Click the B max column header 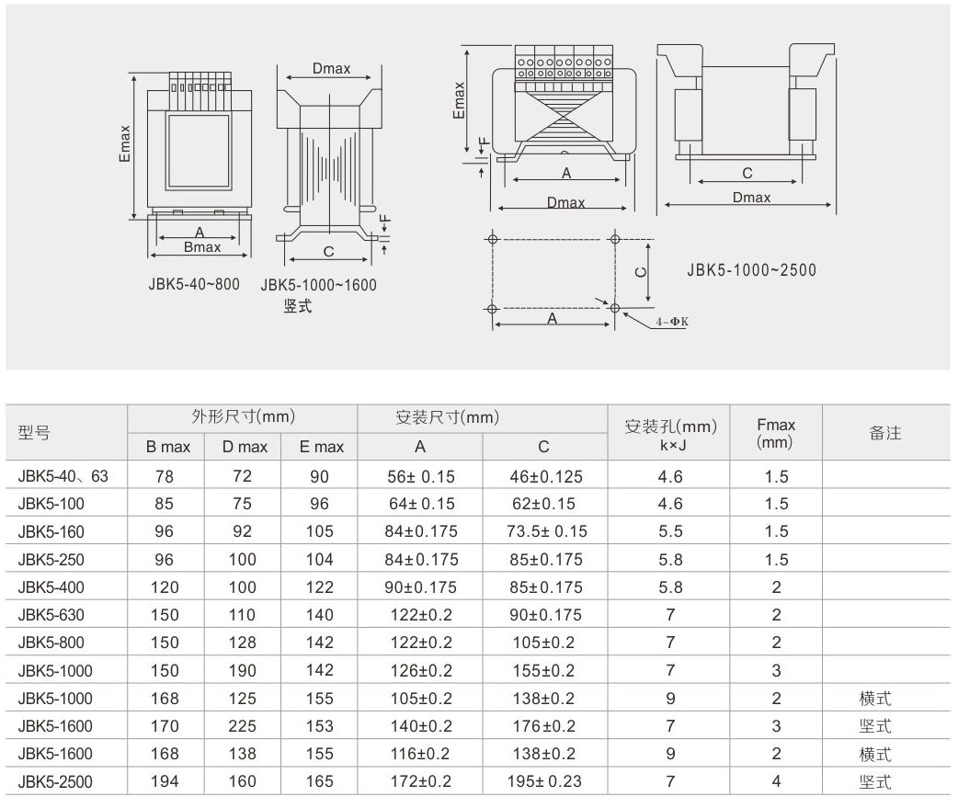(168, 447)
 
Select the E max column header (322, 447)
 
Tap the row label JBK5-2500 (55, 781)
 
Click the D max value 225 (242, 726)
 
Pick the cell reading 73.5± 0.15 (547, 531)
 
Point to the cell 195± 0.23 (544, 781)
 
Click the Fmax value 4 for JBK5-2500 (776, 781)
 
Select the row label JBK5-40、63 (63, 476)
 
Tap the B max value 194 (165, 781)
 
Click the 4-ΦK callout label (672, 322)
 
